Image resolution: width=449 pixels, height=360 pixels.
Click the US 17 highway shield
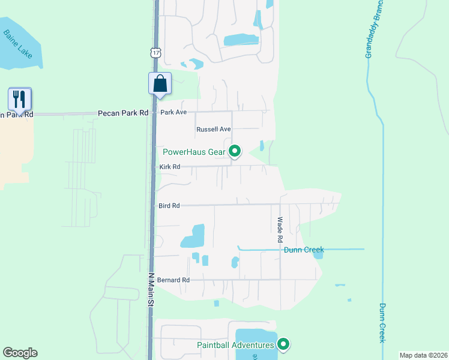156,53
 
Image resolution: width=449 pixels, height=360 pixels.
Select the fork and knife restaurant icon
20,98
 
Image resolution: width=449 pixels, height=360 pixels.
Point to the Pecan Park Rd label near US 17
123,113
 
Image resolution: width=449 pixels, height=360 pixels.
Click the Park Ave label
173,112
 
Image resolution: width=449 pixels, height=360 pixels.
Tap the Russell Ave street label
213,129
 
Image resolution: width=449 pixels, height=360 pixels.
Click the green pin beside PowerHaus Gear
235,151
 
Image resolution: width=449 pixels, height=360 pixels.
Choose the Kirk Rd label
169,167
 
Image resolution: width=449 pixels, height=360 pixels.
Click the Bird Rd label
169,205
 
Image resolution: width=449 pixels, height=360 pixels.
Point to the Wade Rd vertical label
280,230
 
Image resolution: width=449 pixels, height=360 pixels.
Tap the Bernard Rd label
174,280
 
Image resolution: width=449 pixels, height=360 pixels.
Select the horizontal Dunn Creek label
304,250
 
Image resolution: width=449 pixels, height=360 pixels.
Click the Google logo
20,353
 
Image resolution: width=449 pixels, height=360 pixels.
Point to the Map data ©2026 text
423,355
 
